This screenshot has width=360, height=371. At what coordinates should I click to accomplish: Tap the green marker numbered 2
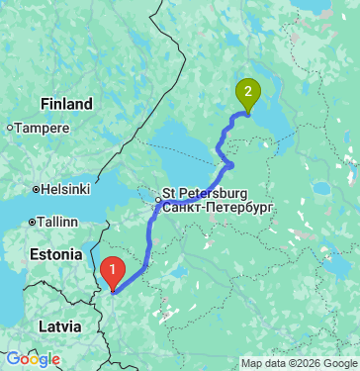click(x=247, y=95)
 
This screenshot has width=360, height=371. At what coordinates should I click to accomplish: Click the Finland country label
click(x=67, y=104)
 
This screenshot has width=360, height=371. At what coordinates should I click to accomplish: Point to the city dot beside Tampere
click(x=10, y=128)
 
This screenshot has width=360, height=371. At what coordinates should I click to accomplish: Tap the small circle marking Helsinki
click(x=36, y=189)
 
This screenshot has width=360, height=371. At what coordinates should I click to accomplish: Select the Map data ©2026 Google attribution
click(x=299, y=362)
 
